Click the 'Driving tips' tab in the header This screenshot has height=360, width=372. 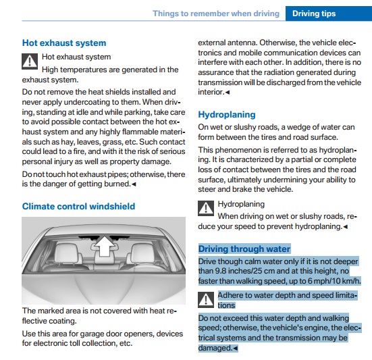(314, 14)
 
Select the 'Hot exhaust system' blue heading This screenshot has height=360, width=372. (64, 43)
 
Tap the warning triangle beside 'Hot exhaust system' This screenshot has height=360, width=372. (30, 61)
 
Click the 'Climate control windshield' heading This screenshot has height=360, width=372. (78, 206)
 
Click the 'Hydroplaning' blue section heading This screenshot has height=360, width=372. (227, 115)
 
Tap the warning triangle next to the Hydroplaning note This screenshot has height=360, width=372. (206, 208)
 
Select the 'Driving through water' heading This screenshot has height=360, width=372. (244, 249)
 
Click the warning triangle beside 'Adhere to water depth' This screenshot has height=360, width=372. (206, 300)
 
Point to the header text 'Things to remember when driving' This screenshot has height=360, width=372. (216, 14)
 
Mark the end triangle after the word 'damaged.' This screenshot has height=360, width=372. (236, 348)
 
